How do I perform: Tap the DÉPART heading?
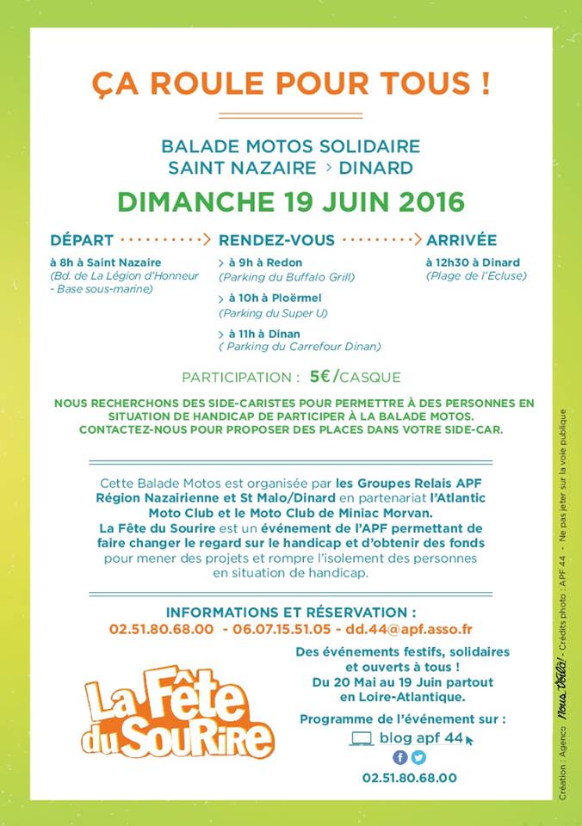82,239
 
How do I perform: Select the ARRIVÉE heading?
461,239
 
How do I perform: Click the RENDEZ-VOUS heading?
276,239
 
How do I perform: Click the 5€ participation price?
322,376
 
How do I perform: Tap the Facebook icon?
400,758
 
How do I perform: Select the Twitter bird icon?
418,758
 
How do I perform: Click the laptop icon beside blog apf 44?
362,737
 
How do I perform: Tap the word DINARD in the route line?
381,168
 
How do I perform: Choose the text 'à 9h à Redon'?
264,262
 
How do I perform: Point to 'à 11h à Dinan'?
263,333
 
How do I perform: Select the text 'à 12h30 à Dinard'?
473,262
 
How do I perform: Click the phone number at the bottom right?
410,778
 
